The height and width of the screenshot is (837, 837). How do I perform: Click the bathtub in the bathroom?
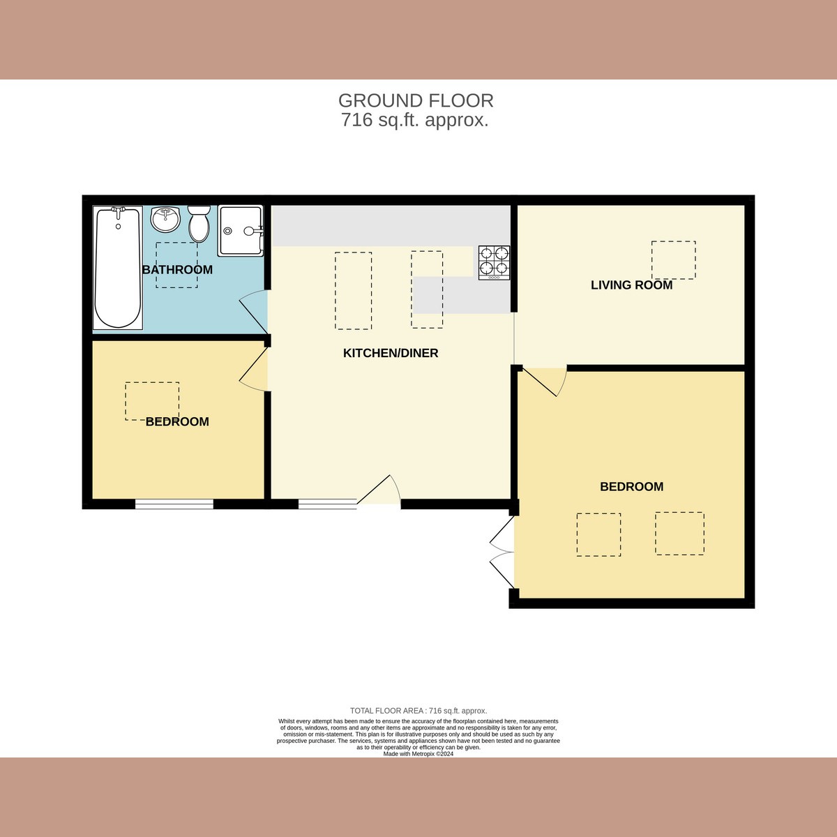(117, 268)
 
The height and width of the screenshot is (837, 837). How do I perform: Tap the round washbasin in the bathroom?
(165, 220)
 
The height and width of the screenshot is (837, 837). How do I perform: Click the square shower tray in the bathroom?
(241, 230)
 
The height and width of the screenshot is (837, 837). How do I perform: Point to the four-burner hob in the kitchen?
(494, 262)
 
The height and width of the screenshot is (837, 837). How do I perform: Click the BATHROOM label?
(177, 270)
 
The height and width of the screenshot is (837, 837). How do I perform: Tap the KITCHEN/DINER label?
(391, 354)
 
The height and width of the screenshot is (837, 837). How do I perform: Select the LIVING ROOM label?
(631, 285)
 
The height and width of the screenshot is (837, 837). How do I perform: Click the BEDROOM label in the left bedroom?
(177, 422)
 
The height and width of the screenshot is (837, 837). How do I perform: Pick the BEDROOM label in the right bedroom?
(631, 487)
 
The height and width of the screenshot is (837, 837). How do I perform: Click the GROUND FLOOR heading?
(416, 101)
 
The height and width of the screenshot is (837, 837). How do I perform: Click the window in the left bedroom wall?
(174, 504)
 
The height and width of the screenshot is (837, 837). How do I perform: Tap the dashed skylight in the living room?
(673, 260)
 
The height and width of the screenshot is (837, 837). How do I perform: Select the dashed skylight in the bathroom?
(176, 265)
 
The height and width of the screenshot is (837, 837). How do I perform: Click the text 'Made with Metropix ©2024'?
(418, 754)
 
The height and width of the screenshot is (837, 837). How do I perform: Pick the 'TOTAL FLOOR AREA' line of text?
(418, 711)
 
